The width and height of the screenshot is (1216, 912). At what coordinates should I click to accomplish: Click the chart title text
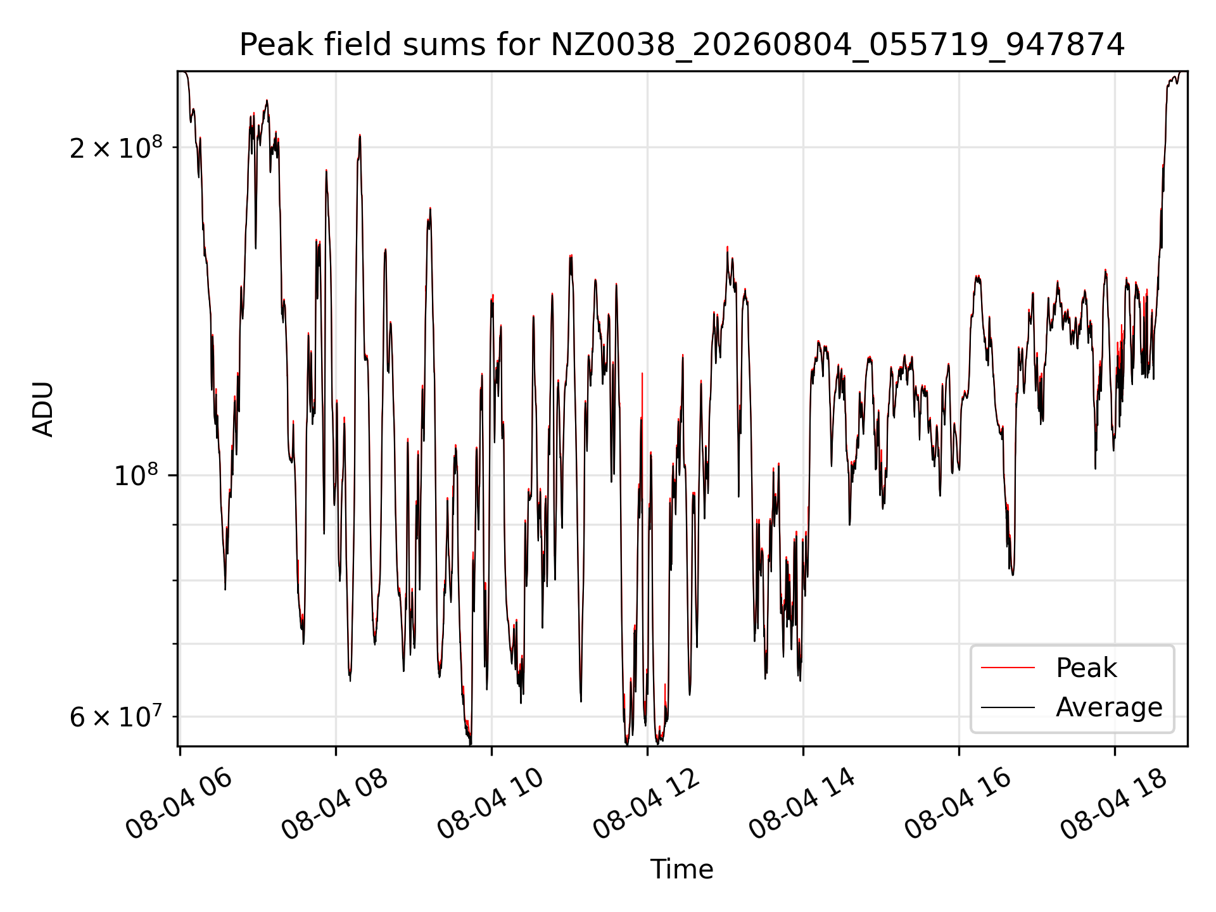(x=682, y=45)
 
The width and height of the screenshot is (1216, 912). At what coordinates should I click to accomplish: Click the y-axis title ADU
(x=43, y=409)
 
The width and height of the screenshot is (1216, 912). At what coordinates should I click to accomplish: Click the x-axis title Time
(x=681, y=870)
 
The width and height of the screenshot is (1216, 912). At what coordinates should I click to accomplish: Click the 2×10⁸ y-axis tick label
(x=116, y=148)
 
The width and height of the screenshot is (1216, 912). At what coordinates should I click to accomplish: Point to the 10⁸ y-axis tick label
(x=138, y=475)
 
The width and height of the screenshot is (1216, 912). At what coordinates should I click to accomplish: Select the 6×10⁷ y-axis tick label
(x=116, y=717)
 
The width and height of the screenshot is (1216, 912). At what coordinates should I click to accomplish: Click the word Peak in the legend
(x=1086, y=668)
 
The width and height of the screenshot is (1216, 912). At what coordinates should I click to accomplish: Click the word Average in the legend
(x=1109, y=707)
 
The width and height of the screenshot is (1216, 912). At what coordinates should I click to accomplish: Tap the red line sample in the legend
(x=1008, y=668)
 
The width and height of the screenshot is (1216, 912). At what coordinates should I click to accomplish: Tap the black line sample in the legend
(x=1008, y=707)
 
